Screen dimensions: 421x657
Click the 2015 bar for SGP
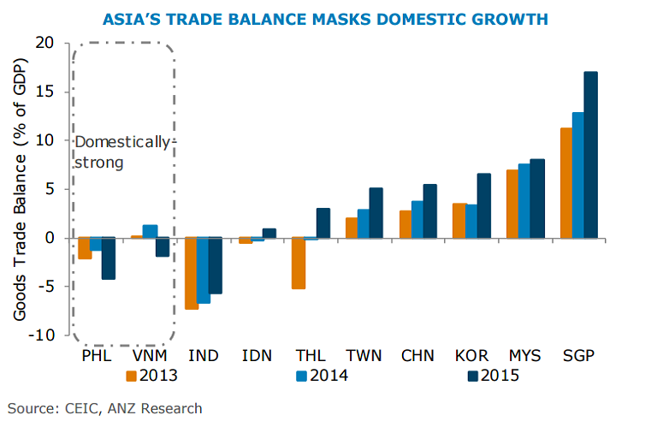point(590,154)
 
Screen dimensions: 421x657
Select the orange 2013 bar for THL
point(299,263)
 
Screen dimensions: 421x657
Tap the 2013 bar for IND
point(192,273)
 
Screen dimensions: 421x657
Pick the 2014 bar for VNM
point(150,231)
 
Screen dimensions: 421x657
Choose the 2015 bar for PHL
point(108,258)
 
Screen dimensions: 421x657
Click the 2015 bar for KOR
point(483,205)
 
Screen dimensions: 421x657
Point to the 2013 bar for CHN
point(405,224)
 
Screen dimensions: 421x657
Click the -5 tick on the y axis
point(47,287)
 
